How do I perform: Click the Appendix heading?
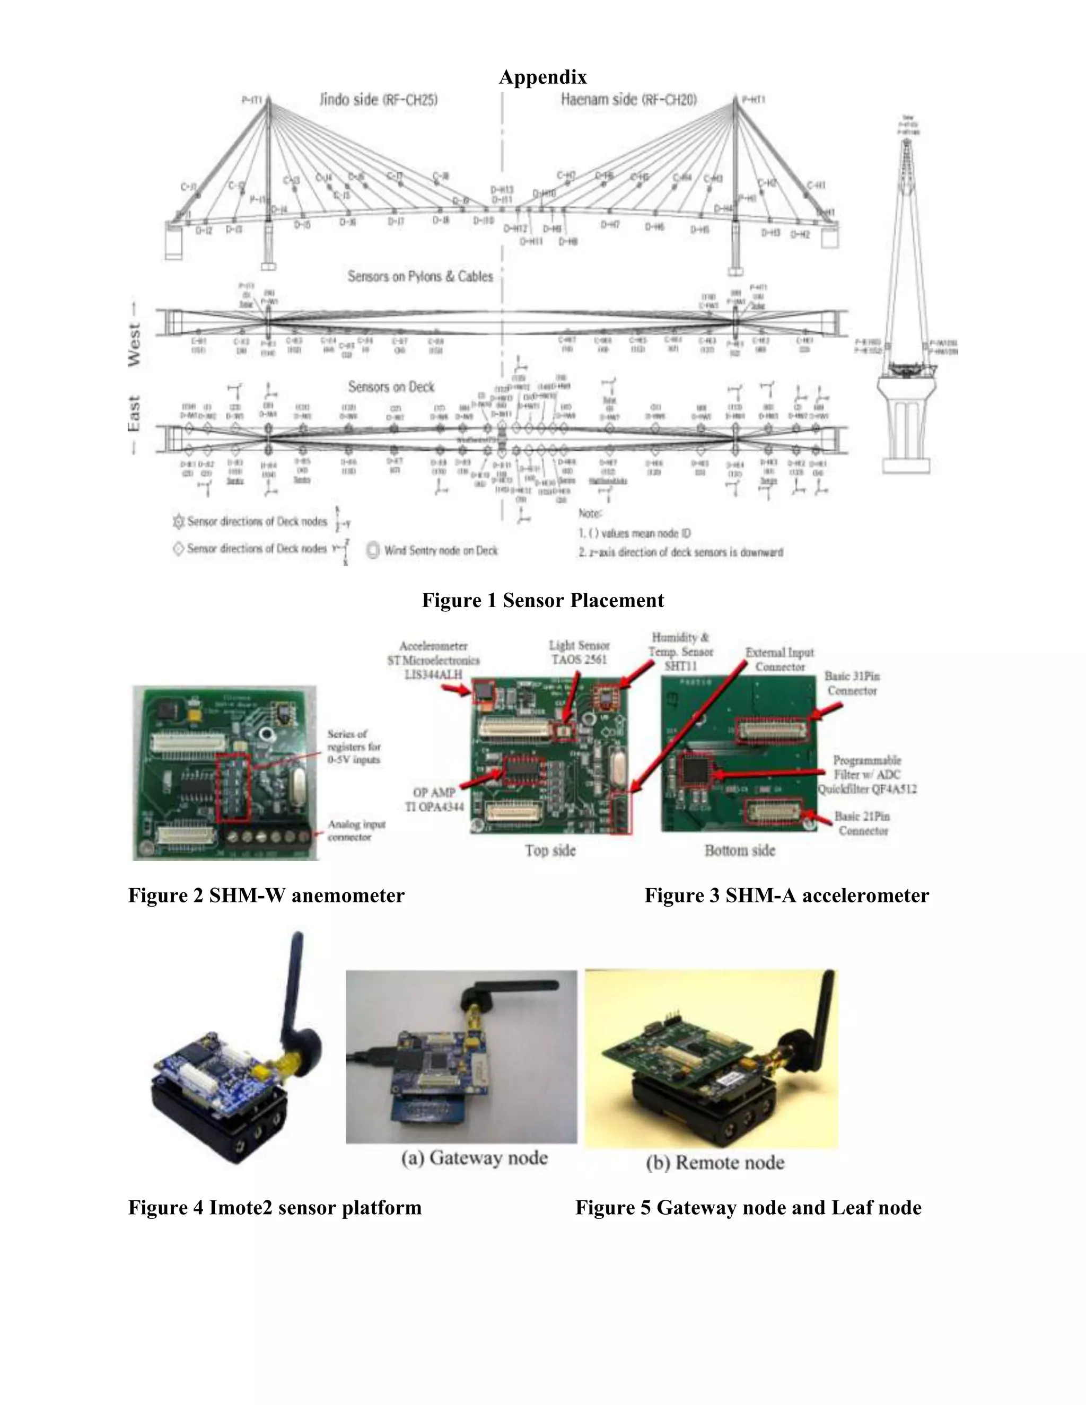[x=542, y=77]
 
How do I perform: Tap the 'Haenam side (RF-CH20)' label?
[x=628, y=100]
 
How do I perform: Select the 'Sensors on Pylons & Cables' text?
[x=420, y=277]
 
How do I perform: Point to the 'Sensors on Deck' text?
[x=391, y=387]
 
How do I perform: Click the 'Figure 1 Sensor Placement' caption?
[x=542, y=600]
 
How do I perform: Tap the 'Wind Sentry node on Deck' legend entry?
[x=441, y=551]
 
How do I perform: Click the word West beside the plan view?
[x=135, y=345]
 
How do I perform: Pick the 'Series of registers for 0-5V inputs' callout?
[x=353, y=747]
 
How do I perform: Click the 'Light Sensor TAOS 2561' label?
[x=579, y=652]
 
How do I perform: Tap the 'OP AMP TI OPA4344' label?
[x=434, y=800]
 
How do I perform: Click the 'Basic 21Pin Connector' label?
[x=862, y=823]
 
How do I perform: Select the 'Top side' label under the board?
[x=550, y=850]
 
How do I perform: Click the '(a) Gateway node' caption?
[x=474, y=1158]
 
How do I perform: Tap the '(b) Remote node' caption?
[x=715, y=1163]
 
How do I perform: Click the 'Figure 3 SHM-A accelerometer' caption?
[x=786, y=895]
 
